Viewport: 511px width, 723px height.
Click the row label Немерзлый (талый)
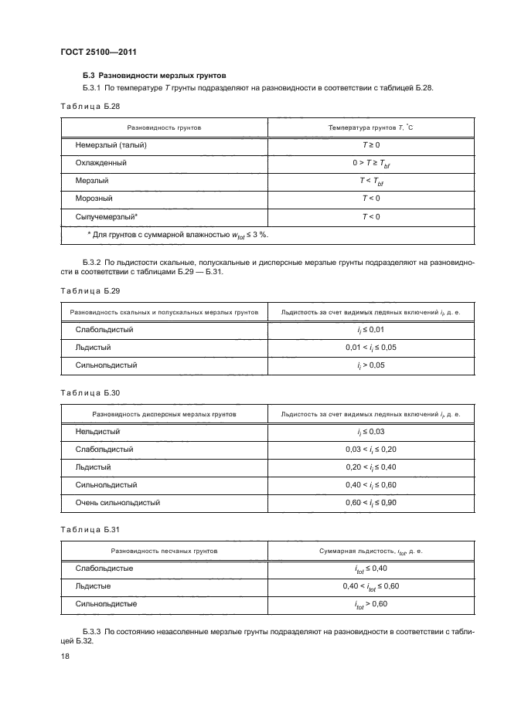pos(111,145)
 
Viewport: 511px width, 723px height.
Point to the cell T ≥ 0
pos(370,145)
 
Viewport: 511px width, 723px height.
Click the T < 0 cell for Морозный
pos(370,199)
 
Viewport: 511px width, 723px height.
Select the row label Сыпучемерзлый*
pos(107,216)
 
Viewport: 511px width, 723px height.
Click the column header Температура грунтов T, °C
pos(370,126)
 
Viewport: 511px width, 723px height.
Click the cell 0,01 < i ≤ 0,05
pos(370,348)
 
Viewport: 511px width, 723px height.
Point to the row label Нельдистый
pos(97,432)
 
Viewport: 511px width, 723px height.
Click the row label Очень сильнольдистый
pos(118,502)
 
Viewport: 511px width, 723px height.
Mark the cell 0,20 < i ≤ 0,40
pos(370,467)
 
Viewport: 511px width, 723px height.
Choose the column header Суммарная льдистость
pos(370,552)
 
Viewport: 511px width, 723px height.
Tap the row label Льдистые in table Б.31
pos(93,586)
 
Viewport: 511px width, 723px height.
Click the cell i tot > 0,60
pos(370,604)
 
